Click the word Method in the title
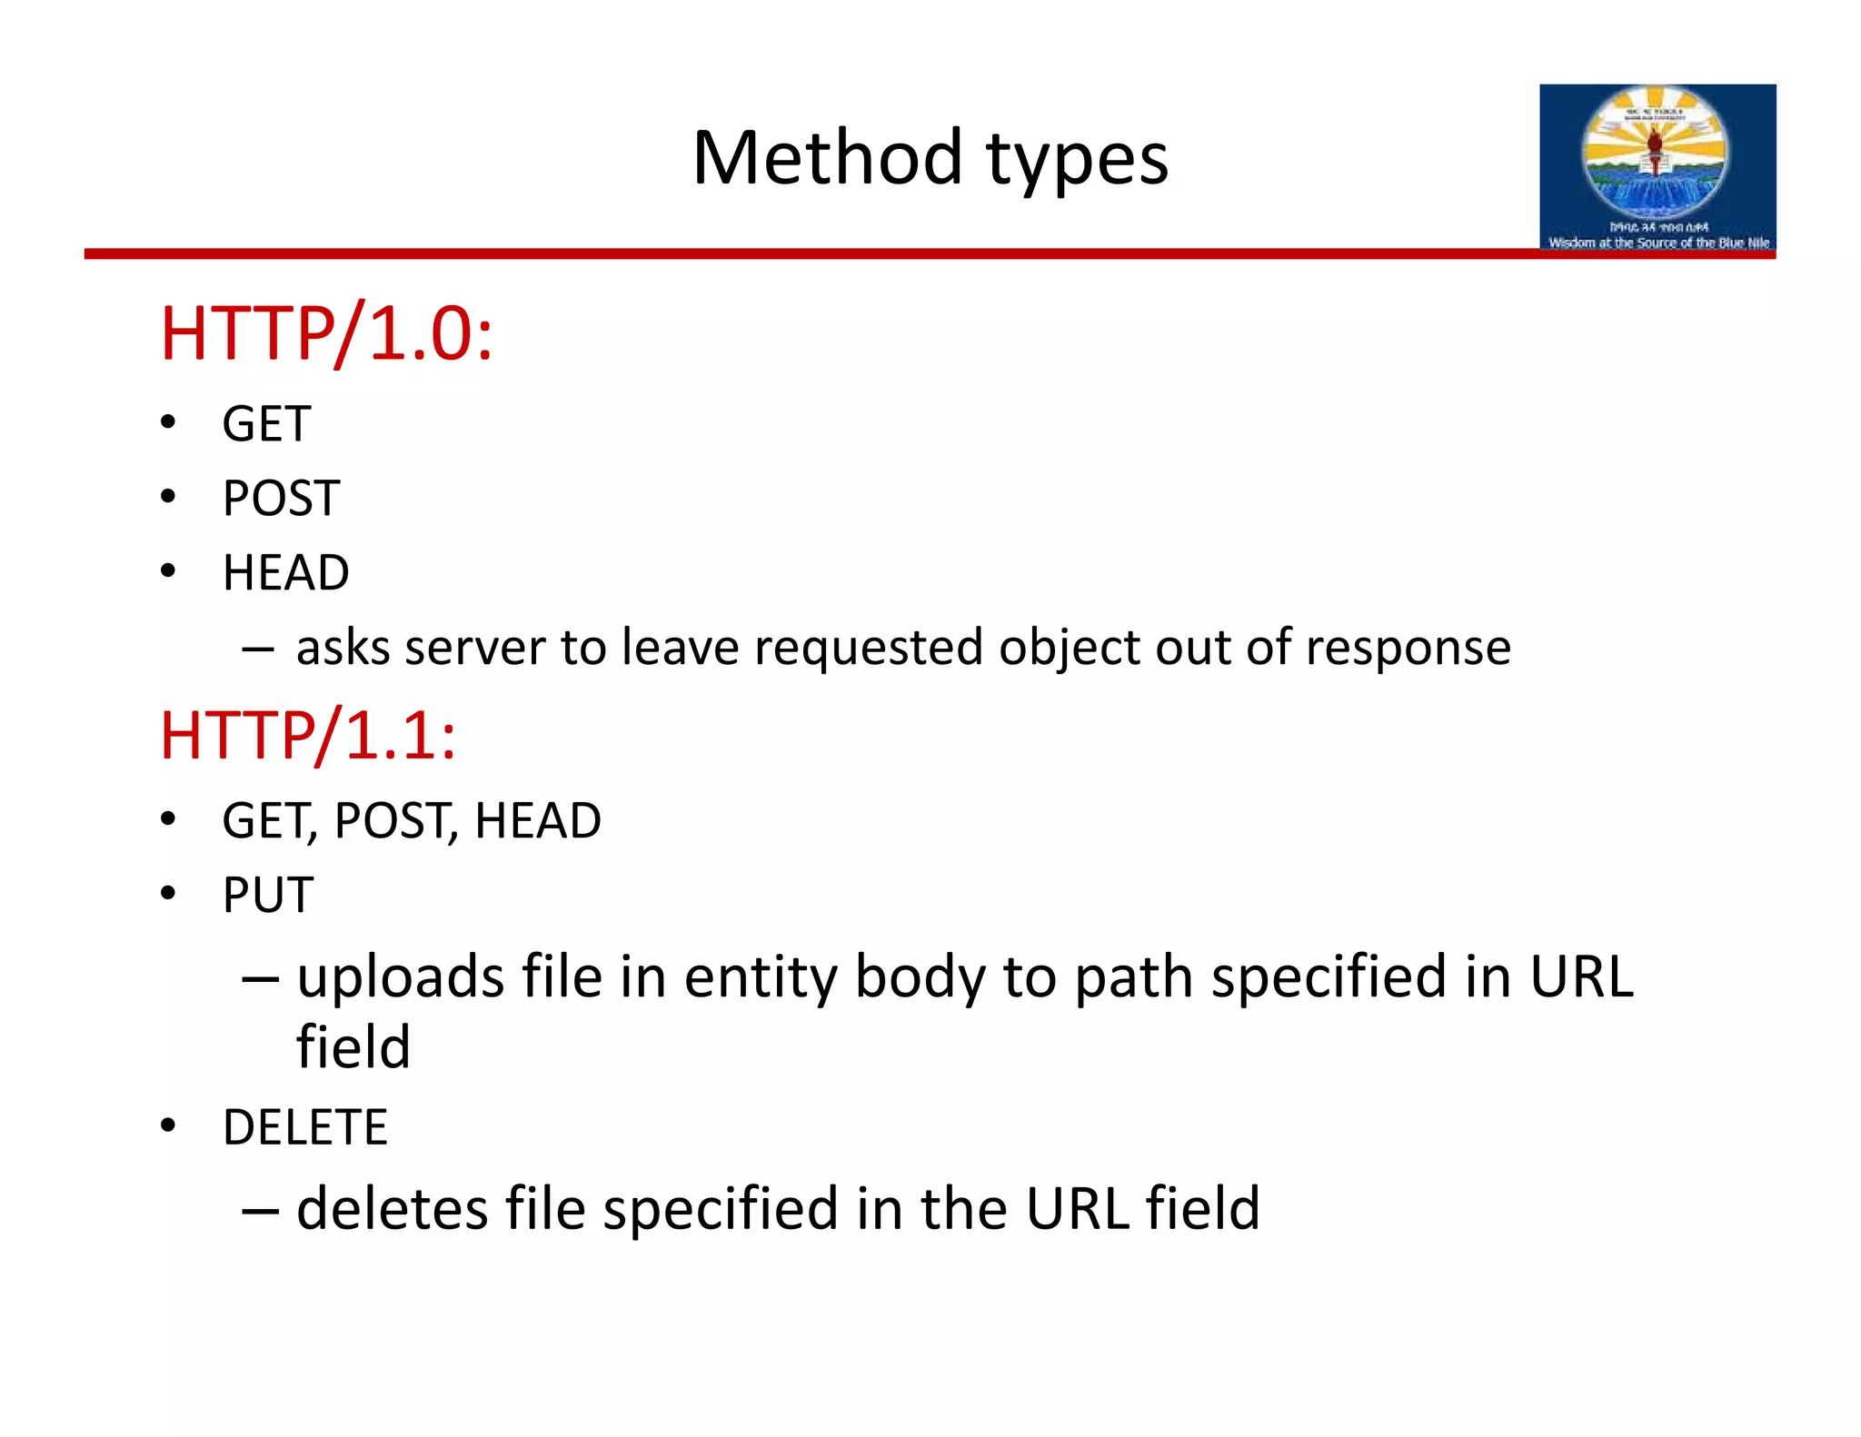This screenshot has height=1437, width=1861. [826, 158]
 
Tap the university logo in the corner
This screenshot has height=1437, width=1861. [1657, 167]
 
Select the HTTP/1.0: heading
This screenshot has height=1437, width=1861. [326, 334]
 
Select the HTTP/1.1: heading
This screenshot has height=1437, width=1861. [308, 735]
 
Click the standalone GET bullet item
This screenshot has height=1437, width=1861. [266, 424]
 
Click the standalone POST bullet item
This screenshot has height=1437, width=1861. [281, 499]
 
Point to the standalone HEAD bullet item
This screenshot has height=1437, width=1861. [285, 573]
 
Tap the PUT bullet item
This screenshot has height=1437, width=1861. [268, 896]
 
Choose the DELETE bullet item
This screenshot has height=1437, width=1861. [304, 1127]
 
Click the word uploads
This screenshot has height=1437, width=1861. [401, 977]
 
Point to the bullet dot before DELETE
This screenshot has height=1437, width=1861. [168, 1126]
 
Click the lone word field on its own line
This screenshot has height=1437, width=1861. [353, 1046]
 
